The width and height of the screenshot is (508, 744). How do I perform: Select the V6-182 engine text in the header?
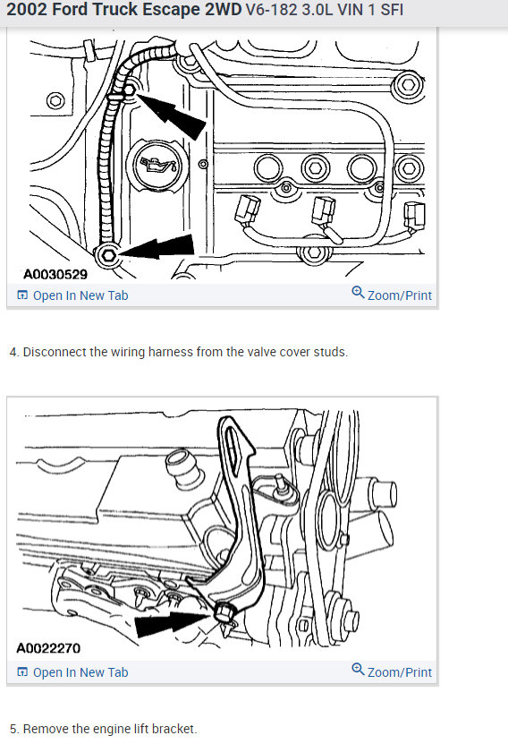[268, 13]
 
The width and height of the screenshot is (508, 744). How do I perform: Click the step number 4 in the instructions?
[13, 352]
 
